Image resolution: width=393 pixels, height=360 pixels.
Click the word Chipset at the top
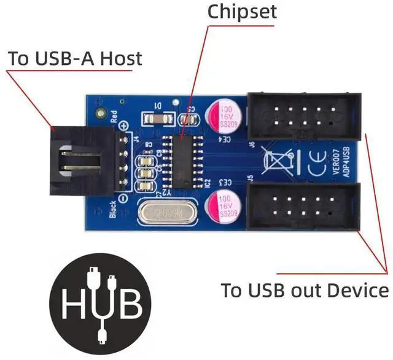click(242, 11)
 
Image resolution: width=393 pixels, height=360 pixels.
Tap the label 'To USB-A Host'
click(74, 59)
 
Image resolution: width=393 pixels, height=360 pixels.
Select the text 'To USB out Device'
click(305, 289)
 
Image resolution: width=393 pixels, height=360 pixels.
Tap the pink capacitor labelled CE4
click(224, 117)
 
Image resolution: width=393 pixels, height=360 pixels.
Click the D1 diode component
click(156, 118)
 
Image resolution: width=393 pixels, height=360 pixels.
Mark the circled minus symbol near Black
click(125, 199)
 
